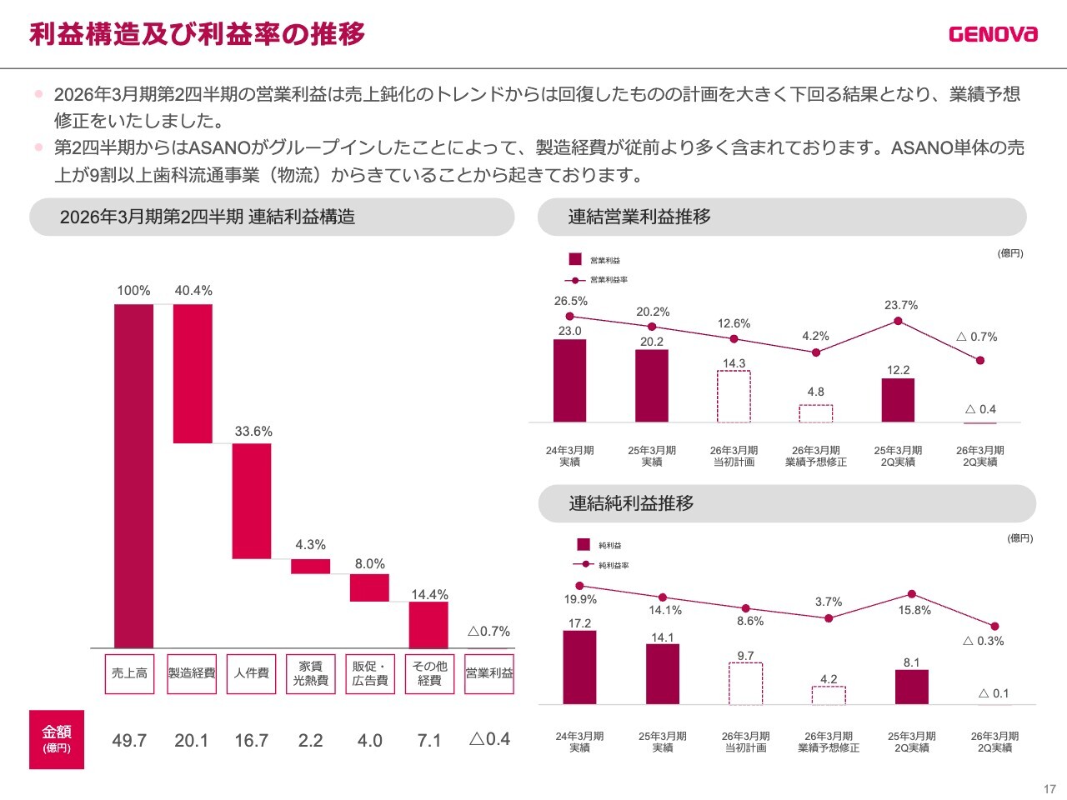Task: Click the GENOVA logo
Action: (x=993, y=34)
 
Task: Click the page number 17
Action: (x=1049, y=788)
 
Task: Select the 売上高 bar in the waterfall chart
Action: (x=133, y=475)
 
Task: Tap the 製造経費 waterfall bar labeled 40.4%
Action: (x=193, y=373)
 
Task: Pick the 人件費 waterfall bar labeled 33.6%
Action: (x=252, y=501)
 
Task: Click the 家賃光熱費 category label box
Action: (x=311, y=673)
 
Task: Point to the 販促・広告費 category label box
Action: (x=370, y=673)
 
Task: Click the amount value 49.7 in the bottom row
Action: (x=129, y=740)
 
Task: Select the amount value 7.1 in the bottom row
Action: (x=429, y=740)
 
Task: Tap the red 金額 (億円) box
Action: (x=57, y=739)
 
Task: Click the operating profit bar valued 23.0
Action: (x=569, y=381)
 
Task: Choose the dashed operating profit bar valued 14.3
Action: (x=734, y=397)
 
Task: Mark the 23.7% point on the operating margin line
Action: (x=898, y=321)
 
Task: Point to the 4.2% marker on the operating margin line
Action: (x=816, y=352)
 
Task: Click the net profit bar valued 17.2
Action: (x=579, y=667)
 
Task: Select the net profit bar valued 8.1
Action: (x=912, y=687)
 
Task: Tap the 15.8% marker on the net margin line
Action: (x=912, y=594)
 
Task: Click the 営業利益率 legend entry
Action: (x=597, y=280)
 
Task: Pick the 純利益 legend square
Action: (x=584, y=545)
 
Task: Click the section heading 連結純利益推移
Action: (x=631, y=503)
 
